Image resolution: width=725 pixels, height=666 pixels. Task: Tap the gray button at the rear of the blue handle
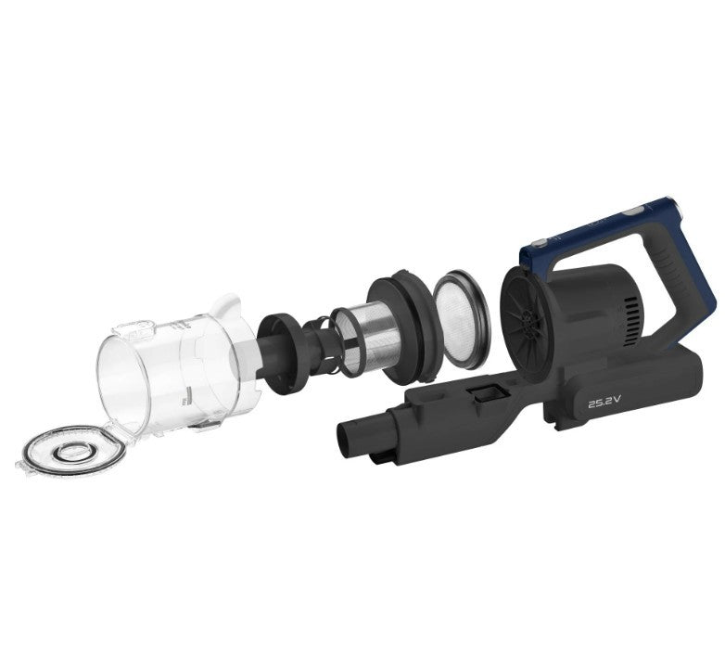[x=633, y=211]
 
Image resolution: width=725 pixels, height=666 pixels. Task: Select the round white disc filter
[x=460, y=320]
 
